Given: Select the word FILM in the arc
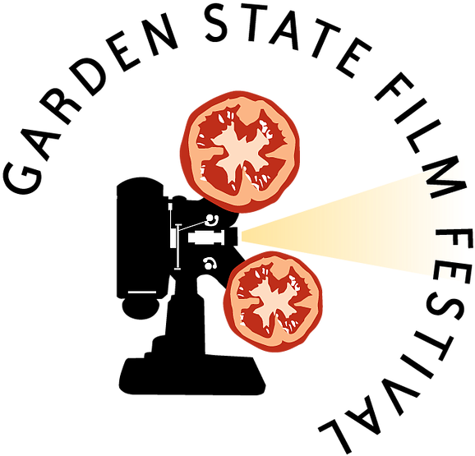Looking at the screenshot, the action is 420,133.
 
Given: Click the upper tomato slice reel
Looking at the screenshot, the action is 240,151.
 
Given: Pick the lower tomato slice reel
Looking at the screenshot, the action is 273,302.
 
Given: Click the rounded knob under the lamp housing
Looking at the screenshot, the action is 141,308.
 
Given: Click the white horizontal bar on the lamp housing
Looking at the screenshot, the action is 142,292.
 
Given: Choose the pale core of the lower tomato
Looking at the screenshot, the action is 274,303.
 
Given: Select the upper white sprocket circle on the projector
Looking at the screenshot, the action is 210,219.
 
